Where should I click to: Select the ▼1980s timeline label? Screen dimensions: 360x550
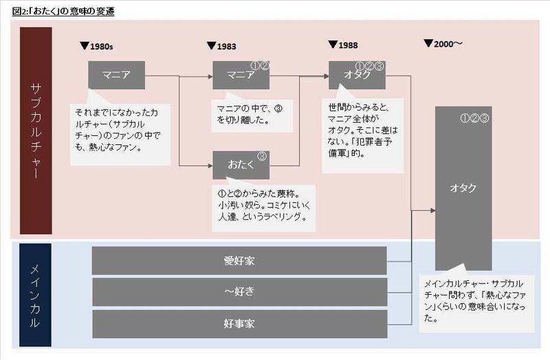click(x=97, y=46)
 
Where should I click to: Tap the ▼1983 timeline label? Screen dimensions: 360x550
click(x=221, y=46)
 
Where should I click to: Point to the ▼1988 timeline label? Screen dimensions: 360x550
click(x=342, y=45)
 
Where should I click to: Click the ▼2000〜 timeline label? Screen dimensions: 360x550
click(x=443, y=44)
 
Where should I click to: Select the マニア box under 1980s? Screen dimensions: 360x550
click(x=116, y=75)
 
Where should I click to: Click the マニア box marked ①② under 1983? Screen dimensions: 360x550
click(x=241, y=75)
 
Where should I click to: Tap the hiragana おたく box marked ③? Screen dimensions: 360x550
click(x=241, y=166)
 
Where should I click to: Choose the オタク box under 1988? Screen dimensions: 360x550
click(x=356, y=75)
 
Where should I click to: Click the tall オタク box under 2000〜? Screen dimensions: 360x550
click(x=463, y=189)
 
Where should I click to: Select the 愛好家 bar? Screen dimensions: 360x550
click(x=239, y=260)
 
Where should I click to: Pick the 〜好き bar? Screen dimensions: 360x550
click(x=239, y=291)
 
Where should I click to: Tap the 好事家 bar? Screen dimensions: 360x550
click(x=239, y=323)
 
